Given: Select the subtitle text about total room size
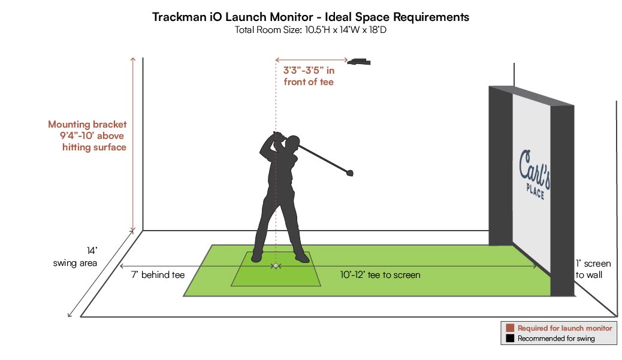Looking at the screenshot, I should tap(310, 30).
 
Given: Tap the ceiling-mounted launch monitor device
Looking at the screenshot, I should tap(360, 61).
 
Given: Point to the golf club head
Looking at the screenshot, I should tap(348, 173).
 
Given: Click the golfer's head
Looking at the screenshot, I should tap(292, 144).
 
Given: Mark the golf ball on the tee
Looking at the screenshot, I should tap(275, 265).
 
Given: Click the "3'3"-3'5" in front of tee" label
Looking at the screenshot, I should tap(309, 76).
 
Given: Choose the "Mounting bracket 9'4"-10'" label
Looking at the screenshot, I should tap(88, 135).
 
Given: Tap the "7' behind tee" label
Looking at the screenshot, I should tap(158, 275).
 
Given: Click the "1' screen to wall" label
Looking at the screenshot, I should tap(593, 270).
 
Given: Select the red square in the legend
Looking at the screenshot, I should tap(510, 328).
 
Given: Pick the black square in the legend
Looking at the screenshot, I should tap(510, 338).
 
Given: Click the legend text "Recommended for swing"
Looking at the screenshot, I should tap(557, 338).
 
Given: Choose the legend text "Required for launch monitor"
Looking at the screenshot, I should tap(564, 328).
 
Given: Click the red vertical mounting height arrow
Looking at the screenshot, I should tap(133, 144).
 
